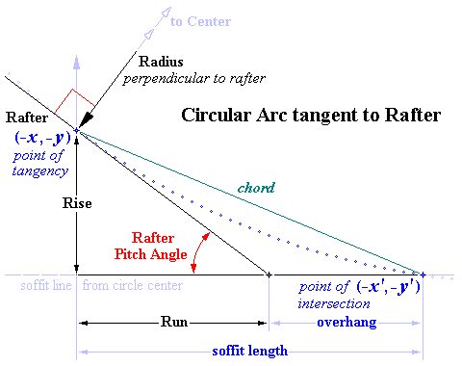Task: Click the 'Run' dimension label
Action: point(173,322)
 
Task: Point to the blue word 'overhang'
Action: point(344,322)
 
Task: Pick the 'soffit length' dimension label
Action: point(249,351)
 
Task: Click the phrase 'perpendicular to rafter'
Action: point(198,77)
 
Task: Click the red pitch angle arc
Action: point(197,256)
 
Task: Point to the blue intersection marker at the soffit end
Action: point(422,274)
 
